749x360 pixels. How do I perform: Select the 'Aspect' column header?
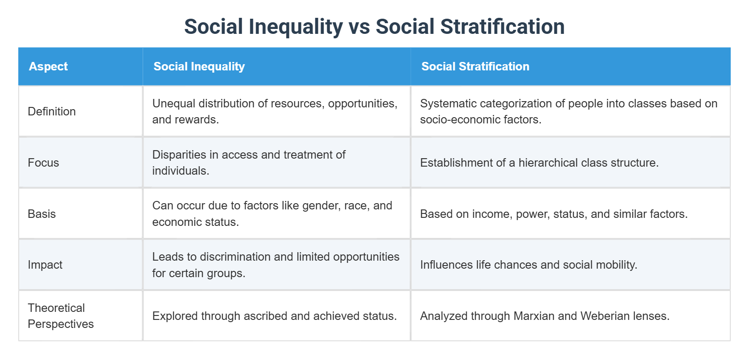click(48, 66)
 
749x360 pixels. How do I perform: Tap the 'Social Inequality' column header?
click(199, 66)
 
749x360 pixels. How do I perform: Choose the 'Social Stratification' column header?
click(475, 66)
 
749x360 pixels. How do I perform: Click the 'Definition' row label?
click(52, 111)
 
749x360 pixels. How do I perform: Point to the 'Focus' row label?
click(43, 163)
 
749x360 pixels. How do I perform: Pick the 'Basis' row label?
click(41, 214)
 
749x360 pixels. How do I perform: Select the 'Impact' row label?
click(45, 265)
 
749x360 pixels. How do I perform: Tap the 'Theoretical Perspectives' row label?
click(61, 316)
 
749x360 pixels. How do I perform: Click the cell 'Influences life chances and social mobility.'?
click(529, 265)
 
